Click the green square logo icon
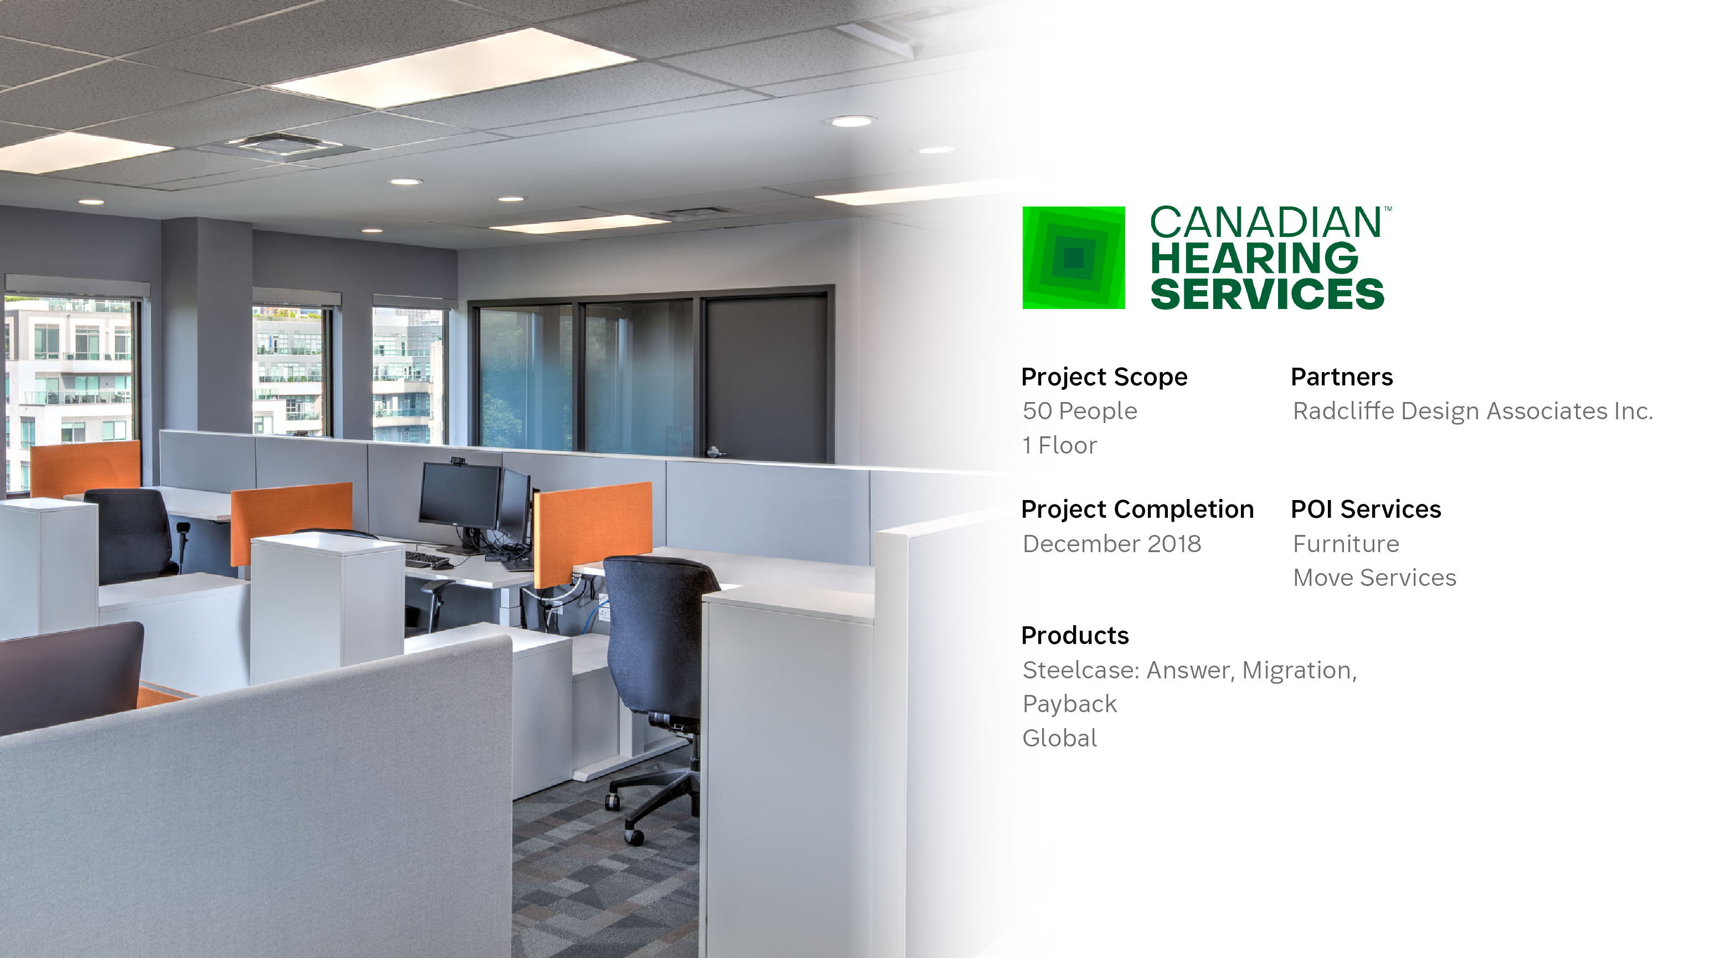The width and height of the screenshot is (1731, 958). (1073, 257)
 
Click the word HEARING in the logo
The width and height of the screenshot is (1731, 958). (1254, 258)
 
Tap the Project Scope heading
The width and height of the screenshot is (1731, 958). (1104, 377)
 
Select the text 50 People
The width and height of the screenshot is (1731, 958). (1079, 410)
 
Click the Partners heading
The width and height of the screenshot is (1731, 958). (1341, 377)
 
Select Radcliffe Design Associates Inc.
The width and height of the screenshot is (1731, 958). (1472, 410)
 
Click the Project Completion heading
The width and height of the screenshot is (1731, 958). (1137, 509)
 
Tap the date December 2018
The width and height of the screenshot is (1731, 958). (1111, 543)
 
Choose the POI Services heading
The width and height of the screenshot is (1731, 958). (1366, 509)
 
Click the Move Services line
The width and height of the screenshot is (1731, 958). (1374, 578)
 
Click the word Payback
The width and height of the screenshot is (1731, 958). (1069, 704)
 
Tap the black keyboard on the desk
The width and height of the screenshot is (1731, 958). (427, 559)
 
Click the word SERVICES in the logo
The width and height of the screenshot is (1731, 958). (1268, 294)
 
